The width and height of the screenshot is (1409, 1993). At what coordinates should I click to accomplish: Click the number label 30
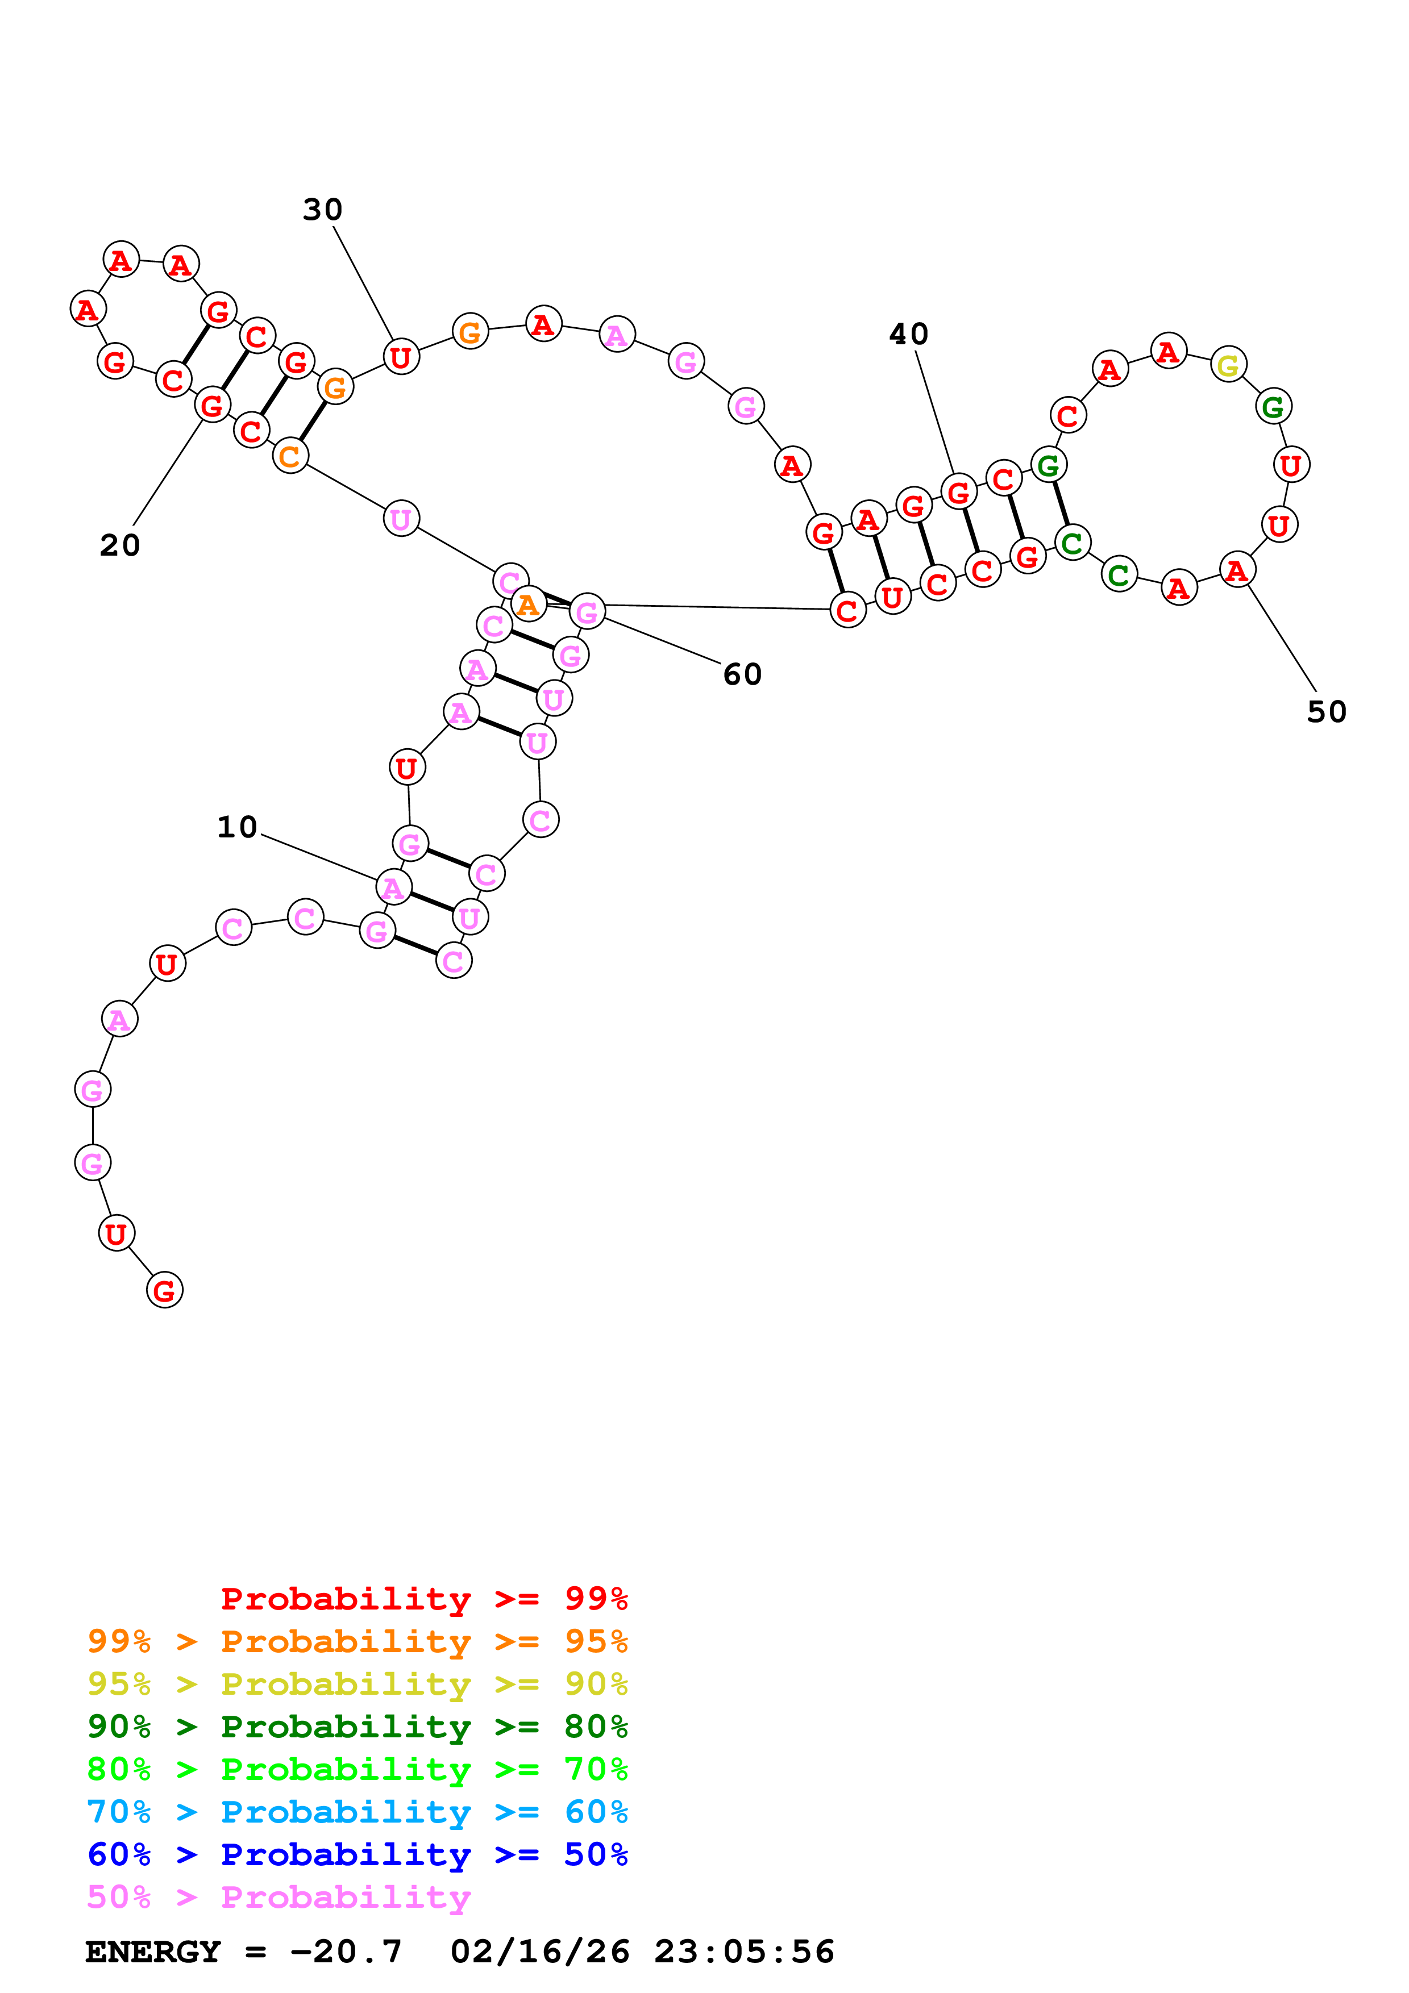(322, 209)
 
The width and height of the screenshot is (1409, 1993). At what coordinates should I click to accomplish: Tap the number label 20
(120, 545)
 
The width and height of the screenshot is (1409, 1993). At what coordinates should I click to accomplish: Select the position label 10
(237, 827)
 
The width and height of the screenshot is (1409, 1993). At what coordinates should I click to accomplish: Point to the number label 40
(908, 334)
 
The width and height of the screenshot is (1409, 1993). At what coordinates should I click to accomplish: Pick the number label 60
(742, 674)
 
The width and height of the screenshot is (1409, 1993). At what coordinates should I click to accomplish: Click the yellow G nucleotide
(1228, 365)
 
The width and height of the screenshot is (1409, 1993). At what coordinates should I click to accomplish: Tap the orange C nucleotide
(290, 456)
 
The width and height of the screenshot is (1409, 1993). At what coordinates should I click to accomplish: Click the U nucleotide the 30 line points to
(400, 357)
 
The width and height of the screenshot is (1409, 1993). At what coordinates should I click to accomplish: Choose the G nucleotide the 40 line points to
(958, 492)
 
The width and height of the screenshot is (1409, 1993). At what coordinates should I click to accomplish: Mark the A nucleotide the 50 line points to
(1236, 570)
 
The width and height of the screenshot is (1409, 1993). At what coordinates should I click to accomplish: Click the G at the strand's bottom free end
(164, 1290)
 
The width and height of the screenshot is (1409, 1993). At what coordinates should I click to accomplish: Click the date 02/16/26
(540, 1952)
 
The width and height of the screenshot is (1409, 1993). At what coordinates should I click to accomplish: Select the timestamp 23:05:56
(744, 1952)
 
